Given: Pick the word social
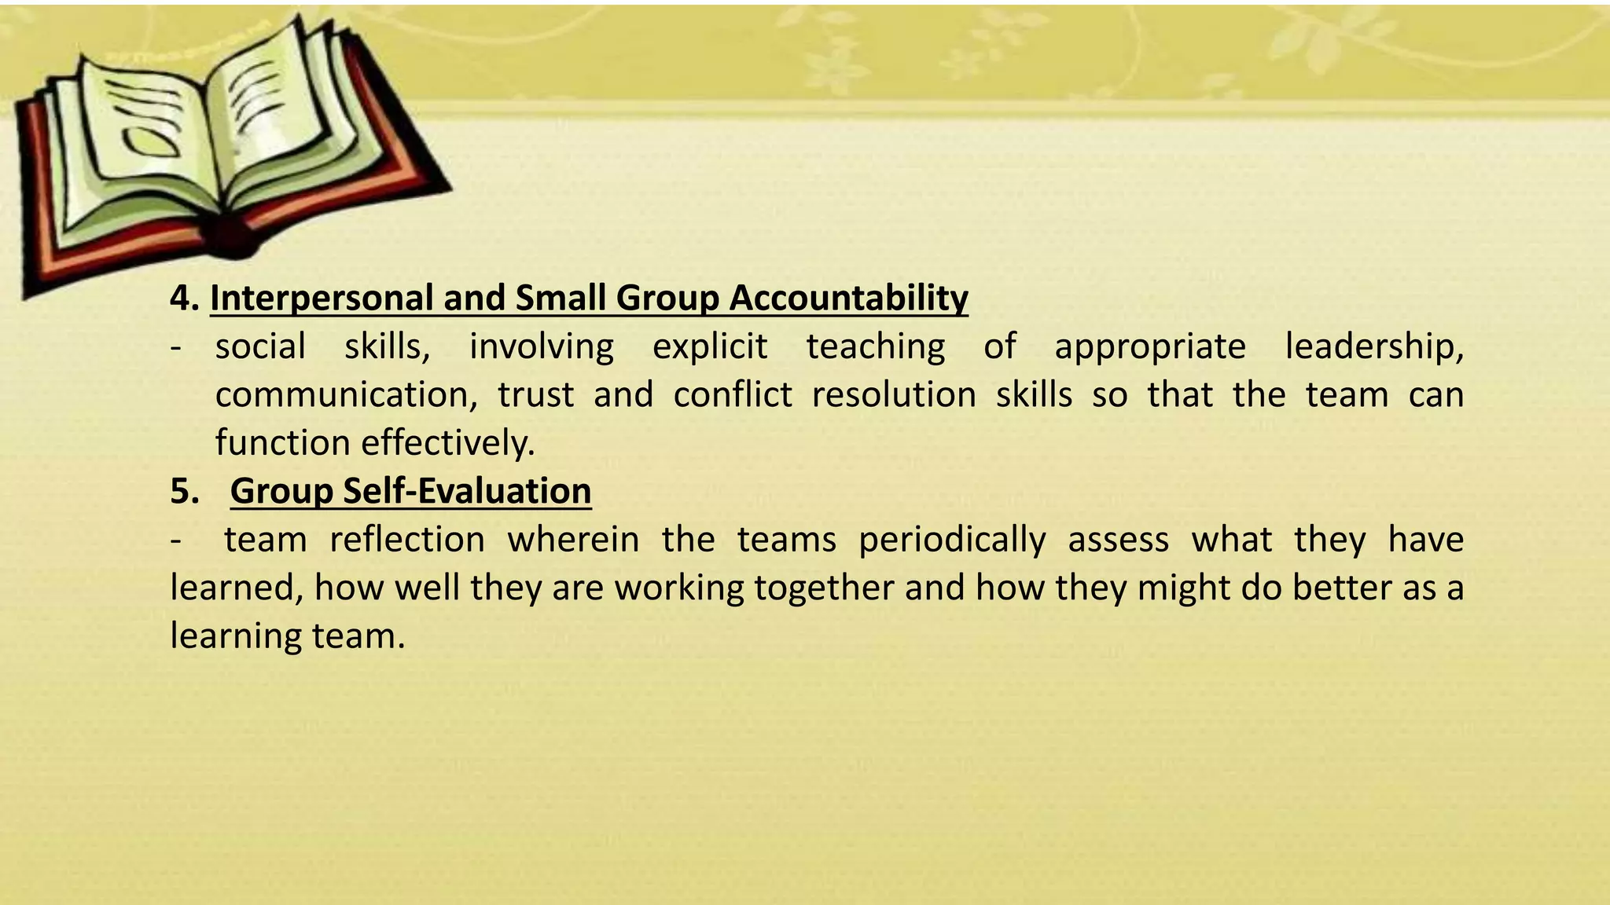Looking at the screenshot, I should click(260, 346).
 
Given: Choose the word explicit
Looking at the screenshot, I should click(709, 346).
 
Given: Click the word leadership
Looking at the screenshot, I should click(1373, 346).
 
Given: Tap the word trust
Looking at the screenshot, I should click(535, 394).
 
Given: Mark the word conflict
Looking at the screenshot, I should click(733, 394).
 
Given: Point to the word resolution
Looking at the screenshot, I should click(894, 394).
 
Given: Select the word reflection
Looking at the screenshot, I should click(407, 540).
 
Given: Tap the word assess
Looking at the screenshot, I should click(1118, 540).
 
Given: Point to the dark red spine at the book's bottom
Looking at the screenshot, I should click(228, 236).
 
